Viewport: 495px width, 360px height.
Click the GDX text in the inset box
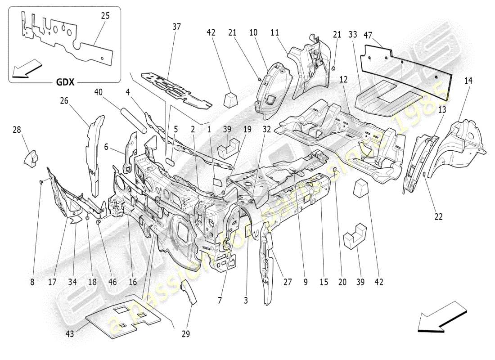(65, 82)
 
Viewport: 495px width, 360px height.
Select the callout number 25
(105, 16)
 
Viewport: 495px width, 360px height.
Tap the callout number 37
(176, 27)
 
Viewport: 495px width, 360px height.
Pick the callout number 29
(186, 334)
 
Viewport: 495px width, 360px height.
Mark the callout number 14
(468, 81)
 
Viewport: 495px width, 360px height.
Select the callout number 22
(438, 216)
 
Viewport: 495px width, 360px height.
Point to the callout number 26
(64, 101)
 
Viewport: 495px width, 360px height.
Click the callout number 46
(112, 282)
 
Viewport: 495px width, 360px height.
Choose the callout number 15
(323, 282)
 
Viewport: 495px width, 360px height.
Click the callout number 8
(32, 282)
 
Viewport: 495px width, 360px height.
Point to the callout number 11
(275, 32)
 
